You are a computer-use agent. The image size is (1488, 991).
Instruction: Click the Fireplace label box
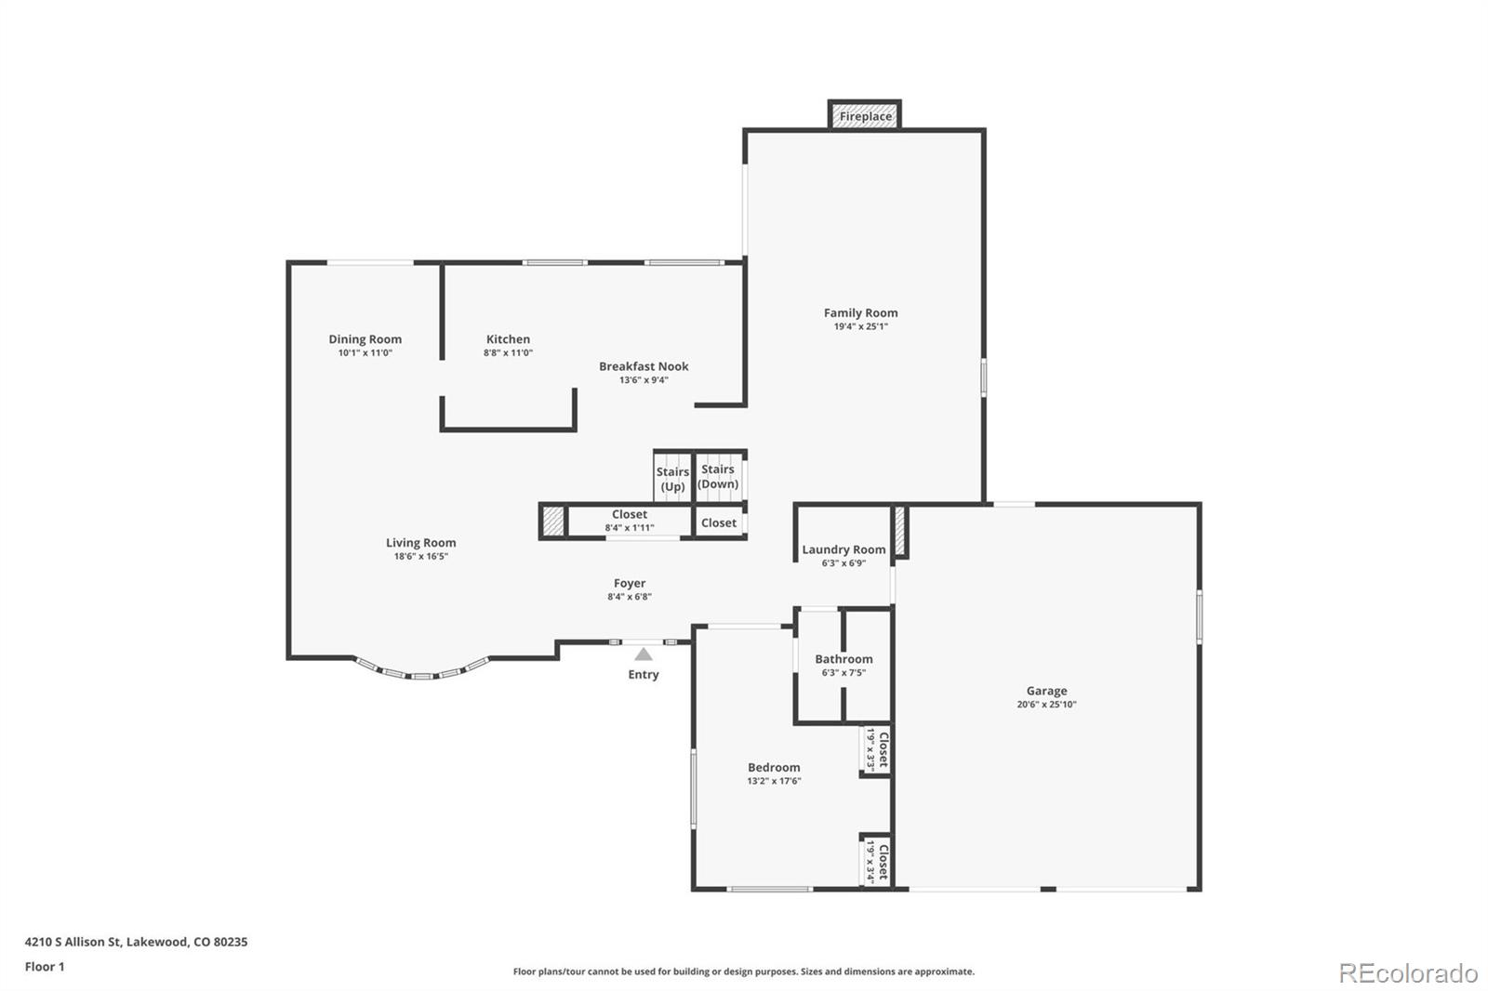[x=865, y=116]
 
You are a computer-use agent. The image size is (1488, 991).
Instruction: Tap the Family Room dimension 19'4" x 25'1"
[x=860, y=327]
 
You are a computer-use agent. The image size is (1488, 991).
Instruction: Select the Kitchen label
[x=508, y=339]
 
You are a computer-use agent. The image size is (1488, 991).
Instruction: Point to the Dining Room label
[x=365, y=339]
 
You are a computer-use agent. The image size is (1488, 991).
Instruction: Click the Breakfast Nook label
[x=644, y=366]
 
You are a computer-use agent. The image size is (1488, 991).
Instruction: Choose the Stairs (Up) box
[x=672, y=479]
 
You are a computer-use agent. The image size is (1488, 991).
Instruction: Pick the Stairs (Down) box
[x=718, y=476]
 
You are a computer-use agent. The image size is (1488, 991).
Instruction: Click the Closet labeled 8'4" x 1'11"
[x=630, y=521]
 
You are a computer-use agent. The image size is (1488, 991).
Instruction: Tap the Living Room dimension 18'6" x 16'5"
[x=420, y=557]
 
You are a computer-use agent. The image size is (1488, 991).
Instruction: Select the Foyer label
[x=630, y=584]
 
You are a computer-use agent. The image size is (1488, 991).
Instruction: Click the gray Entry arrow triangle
[x=644, y=654]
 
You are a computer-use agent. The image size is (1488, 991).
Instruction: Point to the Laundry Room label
[x=844, y=549]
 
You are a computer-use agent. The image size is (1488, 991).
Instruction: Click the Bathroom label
[x=844, y=659]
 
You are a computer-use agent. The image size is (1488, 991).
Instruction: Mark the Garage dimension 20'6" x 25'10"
[x=1046, y=705]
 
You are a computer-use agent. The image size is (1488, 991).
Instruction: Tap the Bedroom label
[x=774, y=768]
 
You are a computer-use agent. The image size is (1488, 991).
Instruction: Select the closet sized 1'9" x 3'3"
[x=877, y=749]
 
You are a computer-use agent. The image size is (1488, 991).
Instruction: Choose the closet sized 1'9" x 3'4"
[x=877, y=861]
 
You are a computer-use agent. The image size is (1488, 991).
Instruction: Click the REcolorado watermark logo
[x=1407, y=973]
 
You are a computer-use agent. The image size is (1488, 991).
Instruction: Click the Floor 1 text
[x=45, y=967]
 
